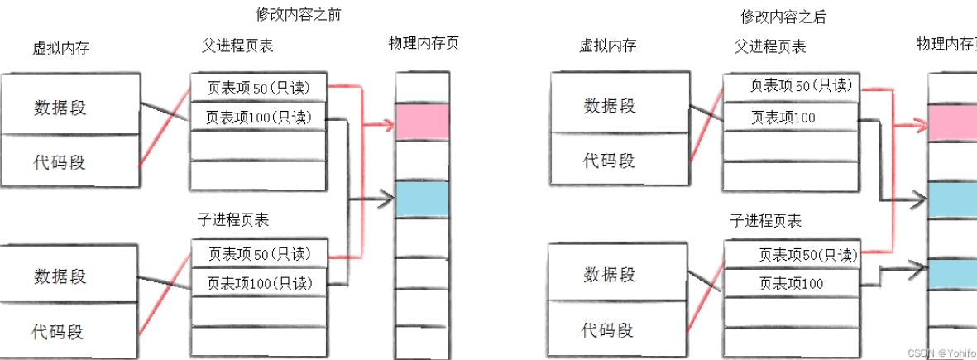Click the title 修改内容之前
pyautogui.click(x=298, y=14)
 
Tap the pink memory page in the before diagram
pyautogui.click(x=422, y=121)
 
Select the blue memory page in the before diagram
pyautogui.click(x=422, y=199)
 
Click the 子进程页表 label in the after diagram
pyautogui.click(x=765, y=220)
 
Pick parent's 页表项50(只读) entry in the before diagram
pyautogui.click(x=259, y=86)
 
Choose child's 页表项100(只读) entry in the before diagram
pyautogui.click(x=259, y=283)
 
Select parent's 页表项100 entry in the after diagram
pyautogui.click(x=782, y=118)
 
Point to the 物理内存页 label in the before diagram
pyautogui.click(x=423, y=43)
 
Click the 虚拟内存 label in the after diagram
pyautogui.click(x=607, y=46)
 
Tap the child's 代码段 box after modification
pyautogui.click(x=608, y=330)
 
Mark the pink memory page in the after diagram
pyautogui.click(x=951, y=122)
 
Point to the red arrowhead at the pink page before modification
pyautogui.click(x=386, y=125)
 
